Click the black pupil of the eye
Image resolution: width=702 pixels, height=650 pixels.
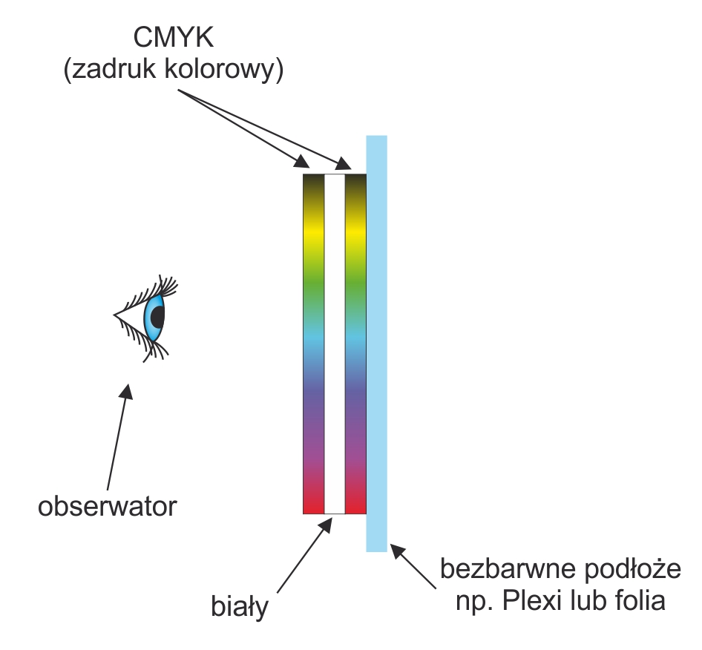click(157, 317)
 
